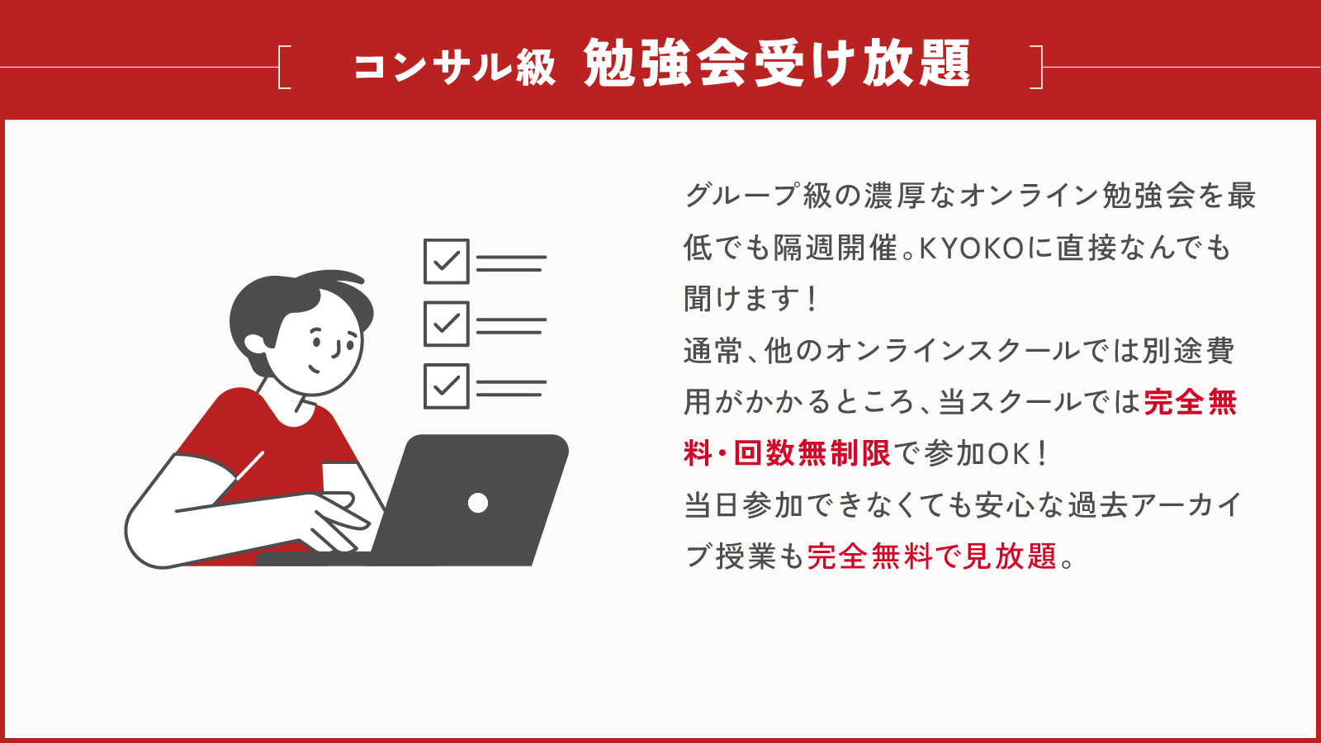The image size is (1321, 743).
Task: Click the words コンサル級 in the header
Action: pyautogui.click(x=454, y=67)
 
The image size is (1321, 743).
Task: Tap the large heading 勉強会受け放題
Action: pyautogui.click(x=777, y=64)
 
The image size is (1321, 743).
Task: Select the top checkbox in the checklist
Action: pyautogui.click(x=447, y=261)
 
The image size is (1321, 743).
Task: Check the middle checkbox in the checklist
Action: pyautogui.click(x=447, y=324)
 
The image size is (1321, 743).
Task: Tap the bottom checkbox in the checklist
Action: pyautogui.click(x=447, y=386)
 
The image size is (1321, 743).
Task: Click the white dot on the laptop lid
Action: pyautogui.click(x=478, y=503)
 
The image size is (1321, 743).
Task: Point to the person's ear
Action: pyautogui.click(x=255, y=344)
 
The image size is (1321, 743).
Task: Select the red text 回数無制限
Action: pyautogui.click(x=812, y=453)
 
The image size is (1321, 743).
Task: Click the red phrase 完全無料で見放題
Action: pyautogui.click(x=932, y=556)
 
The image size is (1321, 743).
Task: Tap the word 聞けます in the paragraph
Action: pyautogui.click(x=742, y=299)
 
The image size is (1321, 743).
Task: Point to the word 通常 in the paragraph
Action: pyautogui.click(x=713, y=351)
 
